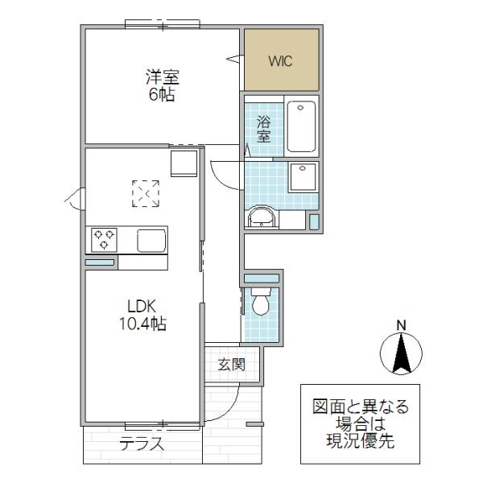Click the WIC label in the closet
coord(280,61)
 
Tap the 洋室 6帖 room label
coord(162,85)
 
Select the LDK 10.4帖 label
coord(142,315)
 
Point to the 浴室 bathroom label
coord(264,129)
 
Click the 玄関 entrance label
coord(231,365)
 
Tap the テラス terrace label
coord(142,444)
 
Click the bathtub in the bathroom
coord(301,126)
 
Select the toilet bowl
coord(261,302)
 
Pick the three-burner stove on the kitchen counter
coord(104,240)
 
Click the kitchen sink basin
coord(151,241)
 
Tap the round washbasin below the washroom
coord(262,217)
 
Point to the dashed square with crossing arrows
coord(146,193)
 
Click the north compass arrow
coord(401,353)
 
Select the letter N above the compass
coord(401,325)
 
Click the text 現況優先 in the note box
coord(360,441)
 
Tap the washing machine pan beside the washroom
coord(303,177)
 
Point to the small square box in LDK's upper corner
coord(184,163)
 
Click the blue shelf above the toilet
coord(261,279)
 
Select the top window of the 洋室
coord(163,24)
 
